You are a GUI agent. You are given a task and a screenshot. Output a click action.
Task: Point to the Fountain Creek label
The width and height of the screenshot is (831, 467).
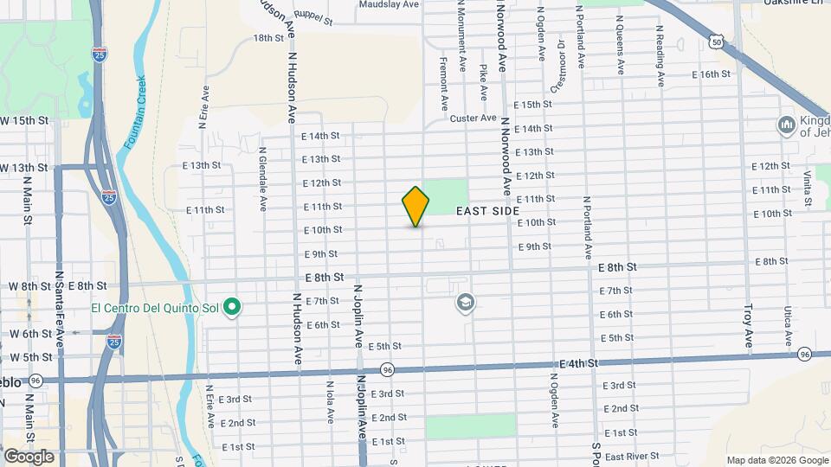[x=133, y=102]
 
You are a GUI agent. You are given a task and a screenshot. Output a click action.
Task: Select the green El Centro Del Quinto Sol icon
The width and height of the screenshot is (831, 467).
[x=232, y=307]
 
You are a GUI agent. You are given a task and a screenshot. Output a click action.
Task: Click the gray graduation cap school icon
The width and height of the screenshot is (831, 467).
[x=466, y=302]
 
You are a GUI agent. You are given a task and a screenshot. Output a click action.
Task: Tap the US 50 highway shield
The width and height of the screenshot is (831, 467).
[x=715, y=42]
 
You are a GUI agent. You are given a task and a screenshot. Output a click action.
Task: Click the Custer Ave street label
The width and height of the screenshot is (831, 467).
[x=473, y=118]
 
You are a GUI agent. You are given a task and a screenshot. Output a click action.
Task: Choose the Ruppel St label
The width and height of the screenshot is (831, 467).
[x=312, y=16]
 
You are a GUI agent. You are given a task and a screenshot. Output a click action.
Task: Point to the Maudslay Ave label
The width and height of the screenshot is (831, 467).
[x=389, y=4]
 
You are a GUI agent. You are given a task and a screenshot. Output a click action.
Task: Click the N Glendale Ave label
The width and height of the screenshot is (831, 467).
[x=261, y=178]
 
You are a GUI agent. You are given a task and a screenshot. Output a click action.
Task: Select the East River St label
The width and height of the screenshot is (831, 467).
[x=632, y=456]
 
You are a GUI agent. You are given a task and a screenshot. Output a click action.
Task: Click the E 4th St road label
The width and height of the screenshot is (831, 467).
[x=578, y=364]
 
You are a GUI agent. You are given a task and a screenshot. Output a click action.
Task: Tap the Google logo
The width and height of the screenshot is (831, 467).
[x=29, y=457]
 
